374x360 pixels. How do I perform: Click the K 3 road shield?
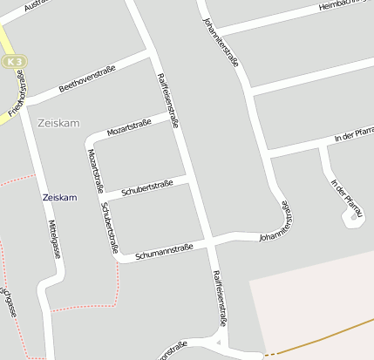[x=10, y=62]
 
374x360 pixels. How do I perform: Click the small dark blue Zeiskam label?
[x=59, y=198]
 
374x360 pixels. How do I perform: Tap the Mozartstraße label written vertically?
[x=96, y=170]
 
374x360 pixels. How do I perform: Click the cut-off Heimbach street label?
[x=345, y=6]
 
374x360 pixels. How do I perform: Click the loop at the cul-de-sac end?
[x=353, y=218]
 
